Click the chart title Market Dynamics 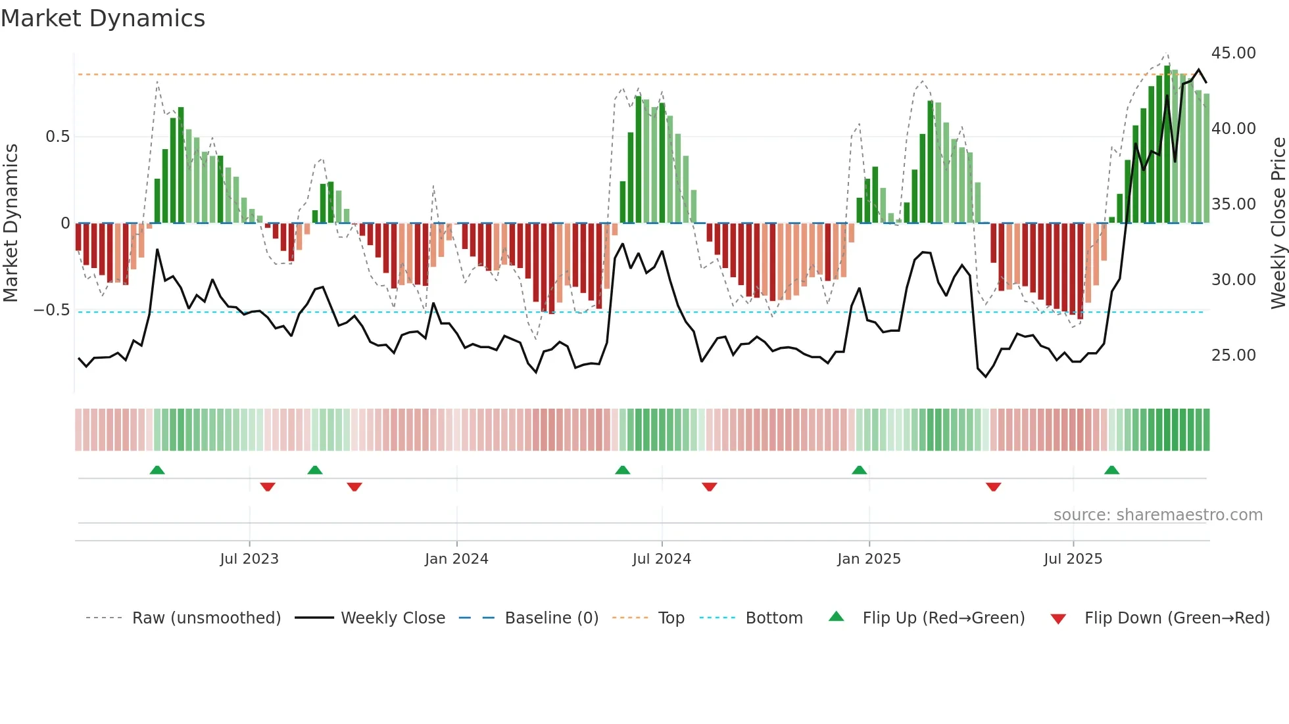click(x=103, y=18)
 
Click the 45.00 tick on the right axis click(x=1233, y=53)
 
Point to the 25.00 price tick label click(x=1233, y=355)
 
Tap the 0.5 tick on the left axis click(x=57, y=137)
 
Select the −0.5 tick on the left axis click(x=52, y=310)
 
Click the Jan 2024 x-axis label click(x=456, y=559)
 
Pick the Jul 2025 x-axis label click(x=1073, y=559)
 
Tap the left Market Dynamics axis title click(x=11, y=223)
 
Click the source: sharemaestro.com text click(x=1157, y=515)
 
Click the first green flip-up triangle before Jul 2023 click(x=157, y=470)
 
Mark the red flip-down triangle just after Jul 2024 click(x=709, y=487)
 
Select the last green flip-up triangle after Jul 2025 click(x=1111, y=470)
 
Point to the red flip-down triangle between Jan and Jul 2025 click(x=993, y=487)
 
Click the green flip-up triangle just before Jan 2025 click(x=859, y=470)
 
